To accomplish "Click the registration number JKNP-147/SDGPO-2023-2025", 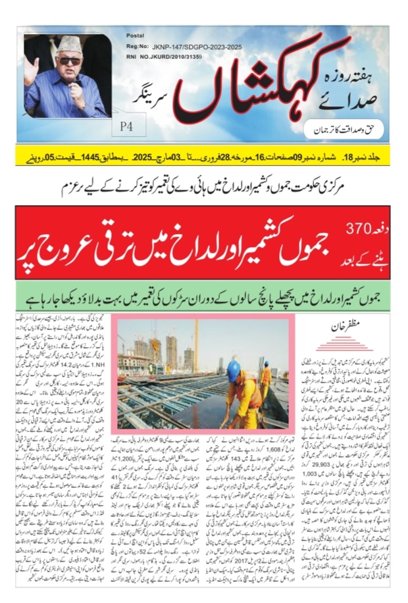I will [x=182, y=47].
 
